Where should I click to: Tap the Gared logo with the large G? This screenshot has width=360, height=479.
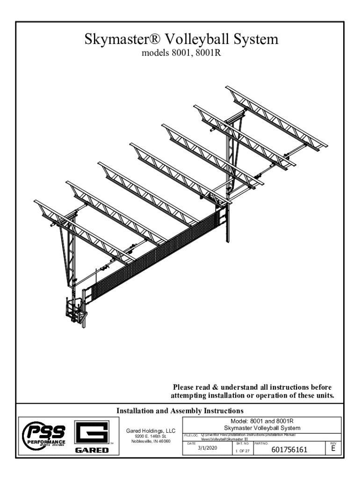(92, 437)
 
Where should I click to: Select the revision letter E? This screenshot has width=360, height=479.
(332, 450)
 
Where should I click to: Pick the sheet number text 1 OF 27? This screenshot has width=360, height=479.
(242, 451)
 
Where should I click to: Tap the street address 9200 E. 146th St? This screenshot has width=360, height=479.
(148, 436)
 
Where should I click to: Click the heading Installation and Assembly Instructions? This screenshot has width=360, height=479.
(180, 411)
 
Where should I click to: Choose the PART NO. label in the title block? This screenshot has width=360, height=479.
(261, 443)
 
